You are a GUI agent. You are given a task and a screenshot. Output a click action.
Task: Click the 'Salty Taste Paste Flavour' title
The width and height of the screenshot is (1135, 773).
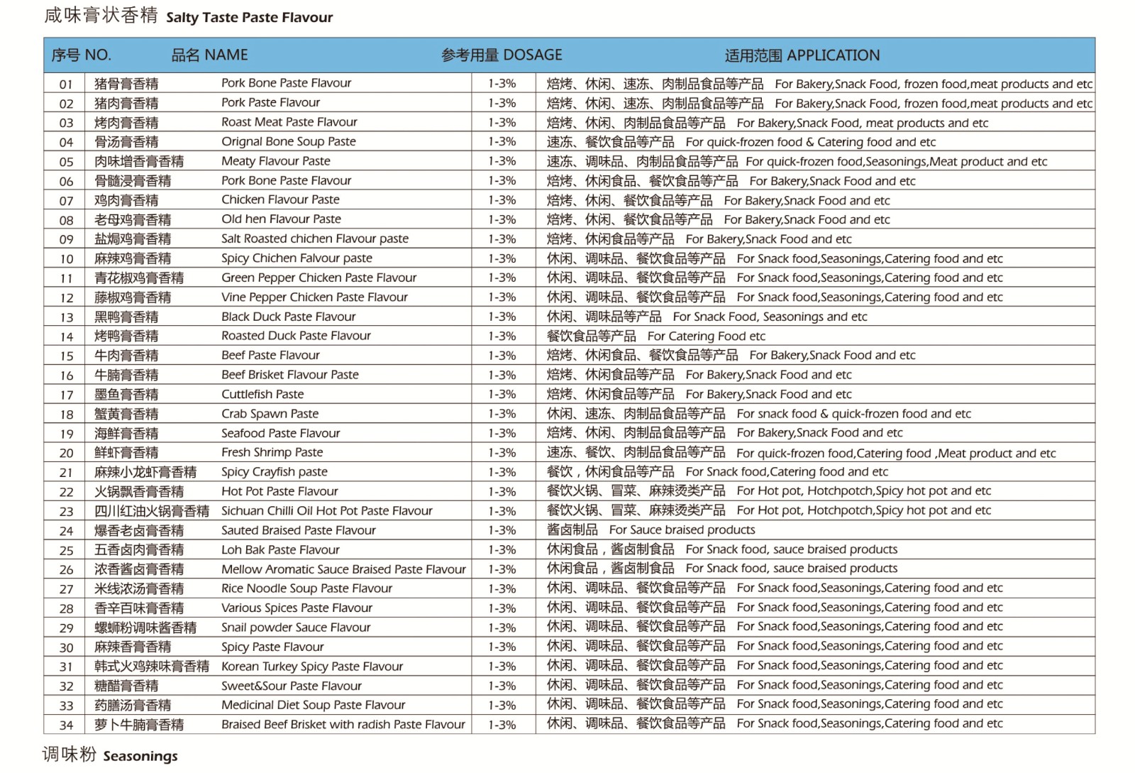point(249,18)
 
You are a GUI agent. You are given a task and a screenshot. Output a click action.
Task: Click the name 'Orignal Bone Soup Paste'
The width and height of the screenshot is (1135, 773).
point(288,141)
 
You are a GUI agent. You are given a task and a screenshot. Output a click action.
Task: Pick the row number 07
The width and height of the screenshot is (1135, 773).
point(66,201)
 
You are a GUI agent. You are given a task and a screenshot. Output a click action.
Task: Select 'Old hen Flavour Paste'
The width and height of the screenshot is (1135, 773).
point(281,219)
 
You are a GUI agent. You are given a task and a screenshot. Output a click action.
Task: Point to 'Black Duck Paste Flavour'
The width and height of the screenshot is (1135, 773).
point(288,317)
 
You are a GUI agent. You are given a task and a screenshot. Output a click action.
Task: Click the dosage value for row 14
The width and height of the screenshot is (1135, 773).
point(502,336)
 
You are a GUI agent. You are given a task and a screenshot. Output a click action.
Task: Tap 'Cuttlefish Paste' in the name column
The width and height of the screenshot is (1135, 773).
point(262,394)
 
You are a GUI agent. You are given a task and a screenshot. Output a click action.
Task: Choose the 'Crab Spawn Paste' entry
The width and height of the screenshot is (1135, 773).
point(270,414)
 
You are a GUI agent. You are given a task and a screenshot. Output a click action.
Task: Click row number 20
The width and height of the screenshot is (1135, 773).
point(66,453)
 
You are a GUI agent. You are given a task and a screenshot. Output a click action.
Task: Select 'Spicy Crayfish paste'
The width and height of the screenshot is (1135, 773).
point(274,472)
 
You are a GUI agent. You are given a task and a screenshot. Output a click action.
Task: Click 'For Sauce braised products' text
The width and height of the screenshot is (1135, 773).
point(682,530)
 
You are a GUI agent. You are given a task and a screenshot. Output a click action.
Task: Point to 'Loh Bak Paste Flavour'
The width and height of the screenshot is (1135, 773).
point(280,549)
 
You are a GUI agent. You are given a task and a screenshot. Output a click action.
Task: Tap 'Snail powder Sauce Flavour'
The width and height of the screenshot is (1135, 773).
point(296,627)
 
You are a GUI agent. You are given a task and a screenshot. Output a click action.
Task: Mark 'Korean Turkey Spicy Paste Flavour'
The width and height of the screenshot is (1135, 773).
point(311,667)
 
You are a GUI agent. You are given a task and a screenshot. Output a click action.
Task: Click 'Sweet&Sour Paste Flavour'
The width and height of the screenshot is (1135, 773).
point(291,686)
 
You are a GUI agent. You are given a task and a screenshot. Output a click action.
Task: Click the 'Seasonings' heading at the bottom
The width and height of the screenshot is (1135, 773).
point(140,757)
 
